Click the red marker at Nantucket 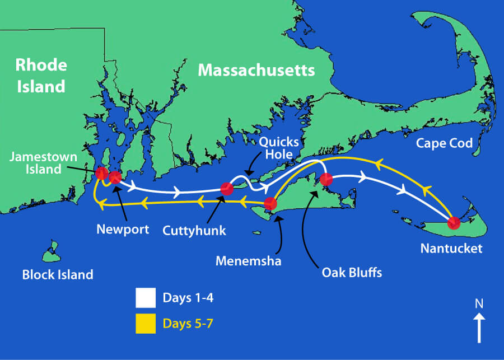pos(454,223)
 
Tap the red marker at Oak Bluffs pos(326,180)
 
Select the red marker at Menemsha pos(270,203)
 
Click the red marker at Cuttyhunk pos(227,189)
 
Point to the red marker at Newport pos(115,178)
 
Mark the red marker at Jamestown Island pos(101,172)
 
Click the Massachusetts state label pos(256,71)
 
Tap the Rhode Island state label pos(40,76)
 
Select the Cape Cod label pos(445,143)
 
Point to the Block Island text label pos(57,275)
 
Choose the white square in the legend pos(146,298)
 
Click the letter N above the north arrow pos(479,304)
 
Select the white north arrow pos(479,327)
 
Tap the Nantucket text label pos(451,249)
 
